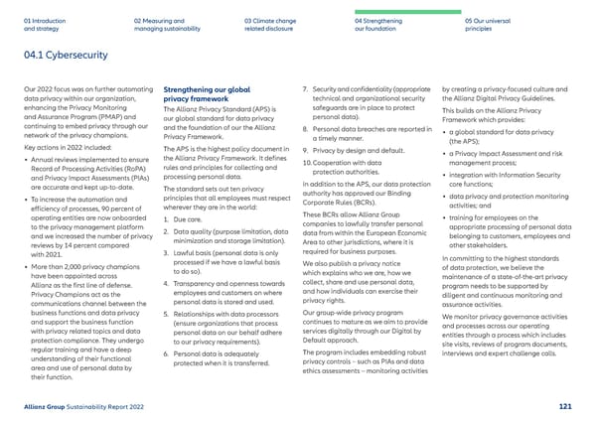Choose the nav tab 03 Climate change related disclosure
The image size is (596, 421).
click(271, 23)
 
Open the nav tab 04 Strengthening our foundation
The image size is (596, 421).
click(381, 23)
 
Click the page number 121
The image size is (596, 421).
click(565, 406)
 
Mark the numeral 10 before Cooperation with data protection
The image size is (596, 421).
click(305, 162)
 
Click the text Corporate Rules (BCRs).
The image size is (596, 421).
click(336, 204)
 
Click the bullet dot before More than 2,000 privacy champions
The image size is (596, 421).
click(23, 268)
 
